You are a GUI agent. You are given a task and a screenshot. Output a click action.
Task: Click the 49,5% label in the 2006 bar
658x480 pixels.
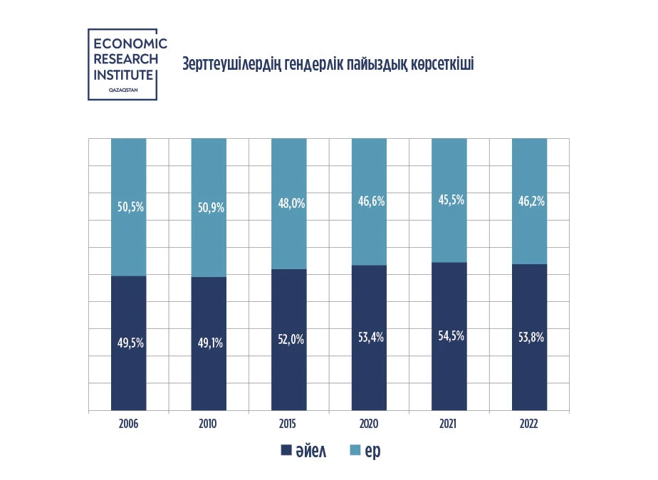pyautogui.click(x=129, y=343)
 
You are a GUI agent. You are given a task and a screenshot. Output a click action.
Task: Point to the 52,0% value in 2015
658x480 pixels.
pyautogui.click(x=289, y=340)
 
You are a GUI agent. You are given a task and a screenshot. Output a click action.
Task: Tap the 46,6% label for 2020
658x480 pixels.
pyautogui.click(x=370, y=202)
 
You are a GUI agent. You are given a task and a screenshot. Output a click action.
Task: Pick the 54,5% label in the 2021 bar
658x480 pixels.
pyautogui.click(x=449, y=335)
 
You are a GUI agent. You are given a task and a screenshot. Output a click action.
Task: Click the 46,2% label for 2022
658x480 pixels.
pyautogui.click(x=530, y=202)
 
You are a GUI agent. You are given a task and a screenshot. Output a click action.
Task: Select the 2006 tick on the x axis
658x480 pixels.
pyautogui.click(x=129, y=424)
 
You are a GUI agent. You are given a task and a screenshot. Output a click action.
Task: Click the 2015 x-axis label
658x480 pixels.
pyautogui.click(x=289, y=424)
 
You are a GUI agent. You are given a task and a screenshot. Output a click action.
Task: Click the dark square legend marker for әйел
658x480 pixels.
pyautogui.click(x=286, y=451)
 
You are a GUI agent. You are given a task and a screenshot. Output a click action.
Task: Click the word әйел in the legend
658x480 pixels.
pyautogui.click(x=313, y=451)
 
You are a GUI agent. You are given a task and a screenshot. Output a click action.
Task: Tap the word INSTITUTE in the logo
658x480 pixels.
pyautogui.click(x=123, y=75)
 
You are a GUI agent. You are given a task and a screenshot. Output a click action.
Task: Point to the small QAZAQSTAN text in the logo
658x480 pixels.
pyautogui.click(x=122, y=90)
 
